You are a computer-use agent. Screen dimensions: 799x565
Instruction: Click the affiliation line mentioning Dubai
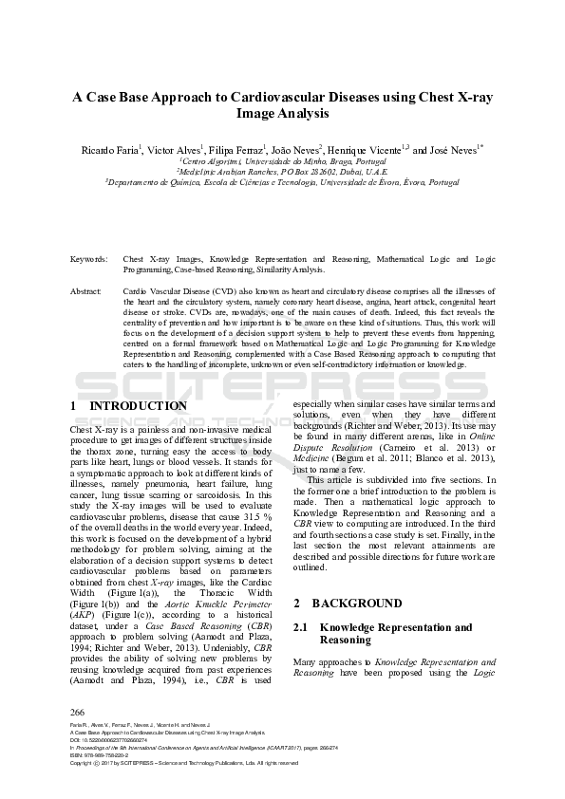click(x=282, y=172)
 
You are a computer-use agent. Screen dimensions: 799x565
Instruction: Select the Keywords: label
click(x=89, y=259)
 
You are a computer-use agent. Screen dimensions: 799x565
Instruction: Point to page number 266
click(x=79, y=711)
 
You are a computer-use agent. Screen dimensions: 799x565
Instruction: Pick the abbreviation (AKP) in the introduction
click(x=82, y=614)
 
